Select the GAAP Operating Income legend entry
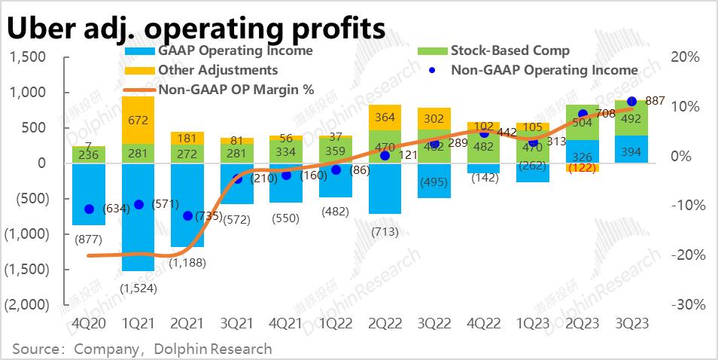(x=234, y=51)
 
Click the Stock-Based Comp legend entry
(x=510, y=51)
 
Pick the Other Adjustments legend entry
(x=218, y=70)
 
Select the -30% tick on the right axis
(x=688, y=304)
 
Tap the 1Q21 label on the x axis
(x=138, y=322)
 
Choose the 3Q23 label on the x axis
(x=631, y=322)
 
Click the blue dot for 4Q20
(x=89, y=209)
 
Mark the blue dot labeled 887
(x=631, y=101)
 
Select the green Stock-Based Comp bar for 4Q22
(x=484, y=148)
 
